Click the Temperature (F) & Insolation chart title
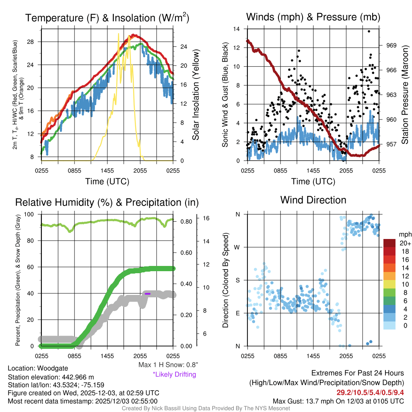click(x=107, y=18)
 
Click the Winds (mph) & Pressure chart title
click(x=313, y=17)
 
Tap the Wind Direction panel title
click(x=313, y=200)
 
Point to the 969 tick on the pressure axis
click(x=391, y=45)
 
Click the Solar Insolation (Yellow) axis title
click(x=196, y=95)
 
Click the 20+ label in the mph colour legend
click(x=405, y=243)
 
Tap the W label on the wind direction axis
click(x=238, y=247)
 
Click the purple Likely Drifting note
click(x=174, y=375)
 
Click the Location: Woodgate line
click(x=38, y=368)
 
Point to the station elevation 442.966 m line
click(x=51, y=377)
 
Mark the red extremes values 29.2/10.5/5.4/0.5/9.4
click(x=370, y=392)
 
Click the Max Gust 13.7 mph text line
click(x=338, y=401)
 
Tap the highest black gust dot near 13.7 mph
click(x=369, y=31)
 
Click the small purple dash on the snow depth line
click(x=147, y=294)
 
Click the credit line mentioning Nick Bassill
click(x=206, y=408)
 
